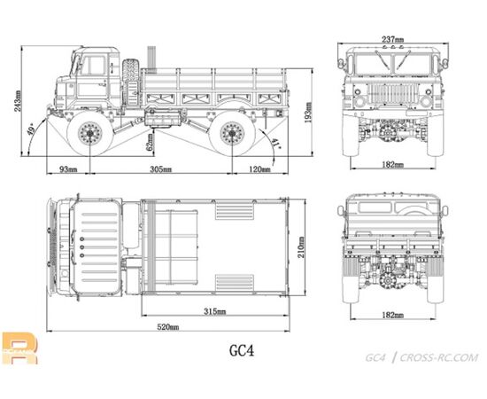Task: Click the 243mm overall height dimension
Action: (18, 101)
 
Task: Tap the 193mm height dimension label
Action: (308, 113)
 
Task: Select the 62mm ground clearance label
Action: (151, 142)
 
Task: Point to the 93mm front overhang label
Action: (68, 169)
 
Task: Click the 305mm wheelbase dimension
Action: (161, 169)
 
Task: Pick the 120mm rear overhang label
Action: (259, 169)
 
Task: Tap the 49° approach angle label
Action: (31, 130)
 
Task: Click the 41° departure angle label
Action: (275, 143)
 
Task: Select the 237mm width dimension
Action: (393, 40)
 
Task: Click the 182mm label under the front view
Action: (393, 165)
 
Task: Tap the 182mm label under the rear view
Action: (393, 316)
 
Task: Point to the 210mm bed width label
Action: (301, 247)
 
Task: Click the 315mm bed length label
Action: (214, 311)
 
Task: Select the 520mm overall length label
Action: (168, 327)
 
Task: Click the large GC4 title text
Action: (242, 350)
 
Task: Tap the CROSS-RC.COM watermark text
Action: (439, 358)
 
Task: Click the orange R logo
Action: (19, 348)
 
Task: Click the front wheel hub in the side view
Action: (90, 133)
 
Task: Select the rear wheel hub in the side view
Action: (232, 133)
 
